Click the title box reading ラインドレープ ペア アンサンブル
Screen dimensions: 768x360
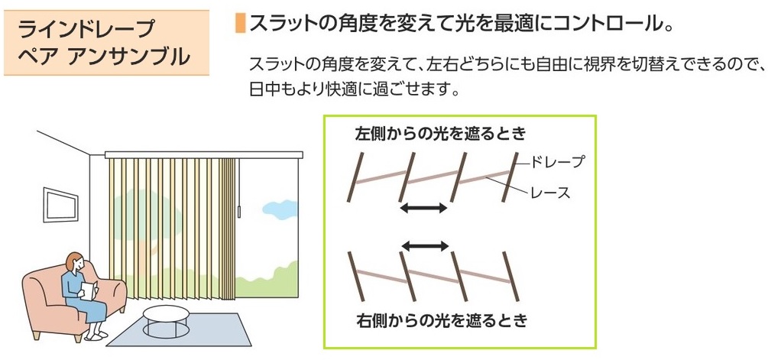coord(106,43)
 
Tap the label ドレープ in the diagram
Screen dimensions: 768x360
coord(557,162)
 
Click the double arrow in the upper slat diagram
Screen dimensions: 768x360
coord(423,208)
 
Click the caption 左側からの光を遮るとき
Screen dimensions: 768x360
coord(441,133)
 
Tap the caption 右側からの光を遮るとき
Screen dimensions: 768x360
coord(442,320)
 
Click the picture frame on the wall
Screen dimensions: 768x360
coord(60,205)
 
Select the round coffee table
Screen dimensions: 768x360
coord(166,318)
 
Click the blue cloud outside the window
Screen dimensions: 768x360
coord(280,208)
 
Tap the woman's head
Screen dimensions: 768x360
coord(74,263)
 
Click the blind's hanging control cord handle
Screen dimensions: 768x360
coord(239,212)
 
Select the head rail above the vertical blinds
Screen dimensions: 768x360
coord(204,154)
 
